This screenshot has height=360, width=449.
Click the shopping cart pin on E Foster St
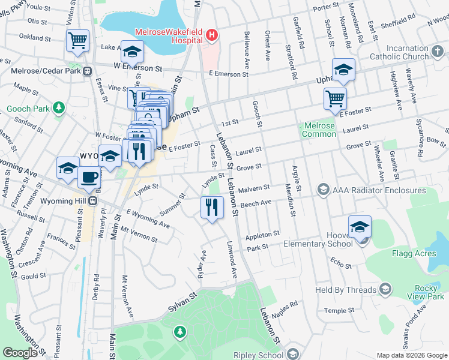[x=335, y=98]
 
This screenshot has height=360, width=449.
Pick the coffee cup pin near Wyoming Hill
[x=89, y=178]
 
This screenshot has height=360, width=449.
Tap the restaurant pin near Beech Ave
[x=211, y=208]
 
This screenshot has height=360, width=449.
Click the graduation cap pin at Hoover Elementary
[x=360, y=228]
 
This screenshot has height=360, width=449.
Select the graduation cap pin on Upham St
[x=343, y=70]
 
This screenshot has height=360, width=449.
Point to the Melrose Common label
[x=319, y=130]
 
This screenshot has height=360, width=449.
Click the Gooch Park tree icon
[x=58, y=108]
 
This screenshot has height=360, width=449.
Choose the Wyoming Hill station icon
[x=93, y=200]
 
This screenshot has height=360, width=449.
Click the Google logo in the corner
[x=20, y=353]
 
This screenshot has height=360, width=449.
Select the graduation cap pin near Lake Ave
[x=132, y=52]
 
